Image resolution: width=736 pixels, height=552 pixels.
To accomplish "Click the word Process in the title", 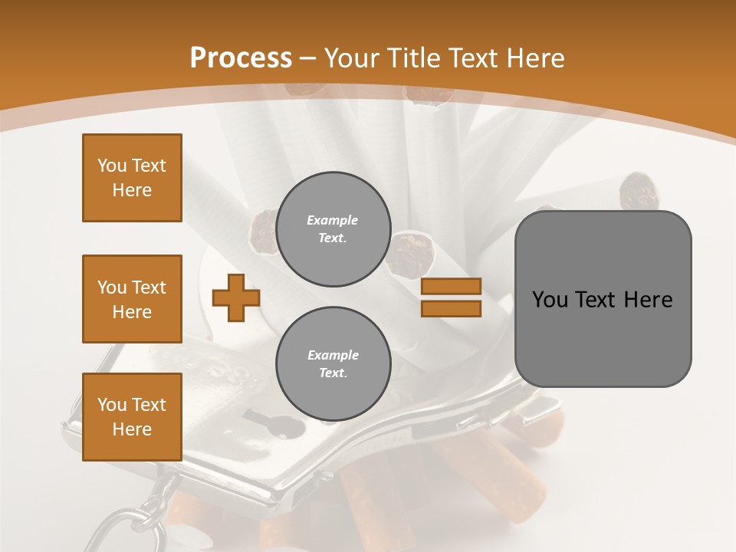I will point(241,58).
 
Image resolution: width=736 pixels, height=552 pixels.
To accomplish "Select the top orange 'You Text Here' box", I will point(132,178).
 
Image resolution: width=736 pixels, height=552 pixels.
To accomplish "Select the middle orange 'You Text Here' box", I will point(132,299).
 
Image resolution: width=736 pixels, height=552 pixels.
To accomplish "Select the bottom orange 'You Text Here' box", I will point(132,417).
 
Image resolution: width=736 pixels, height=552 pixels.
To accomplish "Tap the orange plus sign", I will point(236,297).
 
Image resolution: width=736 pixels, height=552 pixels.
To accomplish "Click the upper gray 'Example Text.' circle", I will point(333,229).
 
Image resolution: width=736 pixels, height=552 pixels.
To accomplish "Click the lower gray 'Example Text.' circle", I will point(333,364).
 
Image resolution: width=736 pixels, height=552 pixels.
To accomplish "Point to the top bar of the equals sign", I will point(452,287).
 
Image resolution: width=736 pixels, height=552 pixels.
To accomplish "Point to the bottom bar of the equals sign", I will point(452,308).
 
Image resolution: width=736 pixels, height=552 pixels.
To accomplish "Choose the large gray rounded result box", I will point(603,299).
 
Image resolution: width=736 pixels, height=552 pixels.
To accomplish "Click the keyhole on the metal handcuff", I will point(272,421).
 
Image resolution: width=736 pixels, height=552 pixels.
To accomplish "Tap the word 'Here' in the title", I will point(535,58).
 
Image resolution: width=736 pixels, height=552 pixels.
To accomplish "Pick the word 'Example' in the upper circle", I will point(333,220).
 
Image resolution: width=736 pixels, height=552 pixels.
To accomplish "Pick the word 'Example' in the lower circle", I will point(333,355).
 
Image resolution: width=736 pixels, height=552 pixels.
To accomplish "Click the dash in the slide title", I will point(308,58).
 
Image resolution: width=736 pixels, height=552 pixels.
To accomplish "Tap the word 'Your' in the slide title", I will point(350,58).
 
